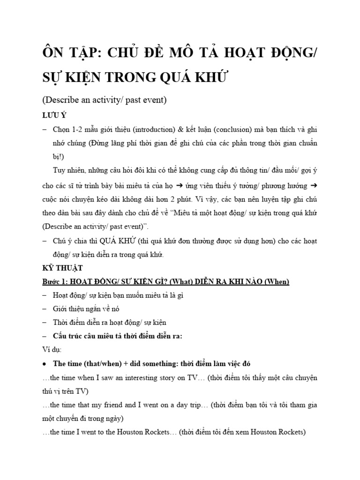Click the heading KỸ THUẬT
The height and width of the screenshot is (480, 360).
pos(62,268)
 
